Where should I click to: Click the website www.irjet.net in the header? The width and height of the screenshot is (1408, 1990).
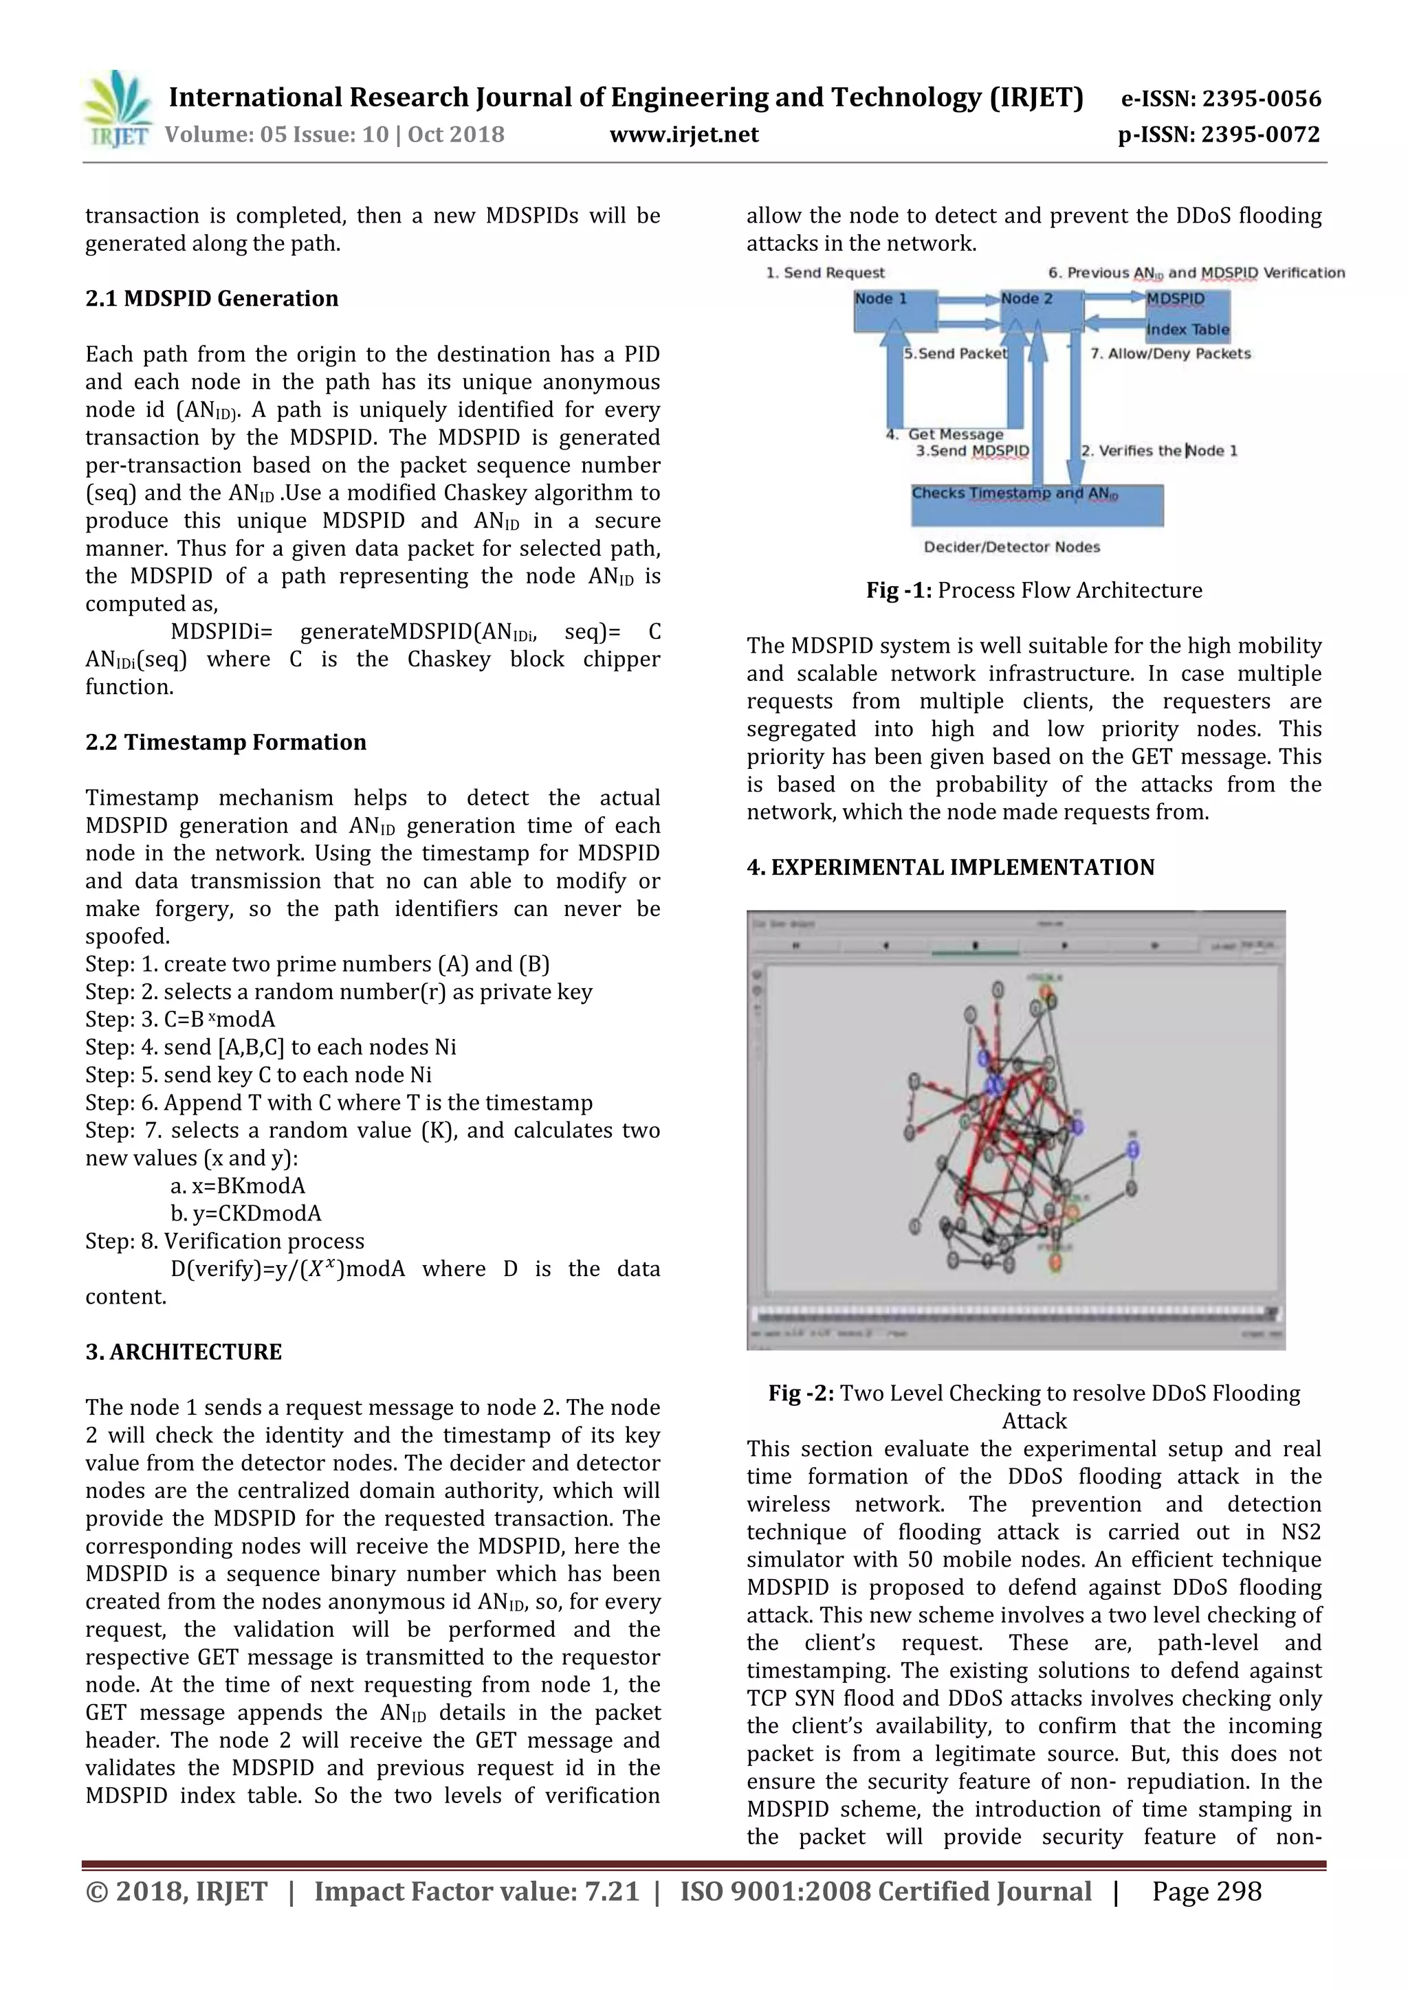(x=683, y=135)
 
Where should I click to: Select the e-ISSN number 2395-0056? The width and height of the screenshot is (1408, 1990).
(x=1221, y=99)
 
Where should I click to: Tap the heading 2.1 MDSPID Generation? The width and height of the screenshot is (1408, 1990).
(x=212, y=299)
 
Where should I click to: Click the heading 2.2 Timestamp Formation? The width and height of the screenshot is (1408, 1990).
(x=225, y=743)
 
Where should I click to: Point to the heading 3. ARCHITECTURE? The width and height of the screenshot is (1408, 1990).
(x=183, y=1352)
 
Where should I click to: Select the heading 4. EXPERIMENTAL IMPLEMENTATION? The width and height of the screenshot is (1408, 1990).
(x=950, y=868)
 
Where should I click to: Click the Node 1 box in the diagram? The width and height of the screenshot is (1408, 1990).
(x=893, y=311)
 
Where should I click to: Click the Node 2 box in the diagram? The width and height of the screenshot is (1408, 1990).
(x=1039, y=311)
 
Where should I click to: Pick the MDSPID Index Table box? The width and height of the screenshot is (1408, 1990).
(x=1186, y=314)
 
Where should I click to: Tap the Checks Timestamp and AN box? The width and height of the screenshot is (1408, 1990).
(x=1037, y=505)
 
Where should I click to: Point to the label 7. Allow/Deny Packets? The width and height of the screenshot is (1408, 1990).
(x=1170, y=354)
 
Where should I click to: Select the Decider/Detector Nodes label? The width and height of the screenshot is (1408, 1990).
(x=1012, y=548)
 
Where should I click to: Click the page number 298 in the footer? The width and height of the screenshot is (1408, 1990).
(x=1206, y=1892)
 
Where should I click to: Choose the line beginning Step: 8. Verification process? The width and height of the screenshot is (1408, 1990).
(x=225, y=1242)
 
